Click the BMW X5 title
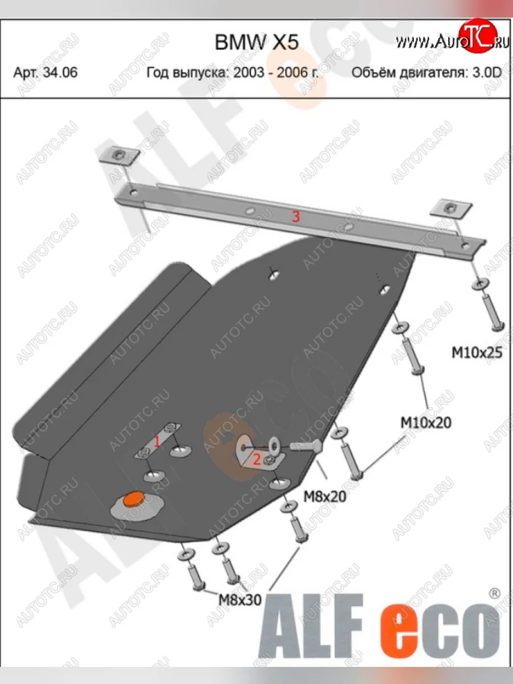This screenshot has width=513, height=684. tap(256, 42)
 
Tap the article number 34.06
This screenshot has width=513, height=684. tap(60, 72)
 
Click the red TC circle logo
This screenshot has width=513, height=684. tap(478, 36)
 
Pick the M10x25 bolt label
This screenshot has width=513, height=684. tap(477, 353)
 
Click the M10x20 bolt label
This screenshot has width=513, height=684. tap(426, 423)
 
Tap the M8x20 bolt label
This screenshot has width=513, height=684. tap(325, 496)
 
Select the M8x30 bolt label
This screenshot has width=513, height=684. tap(240, 600)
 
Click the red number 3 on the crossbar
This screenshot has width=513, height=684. tap(296, 216)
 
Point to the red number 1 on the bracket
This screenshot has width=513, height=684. tap(157, 442)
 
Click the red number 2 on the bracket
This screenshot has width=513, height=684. tap(256, 459)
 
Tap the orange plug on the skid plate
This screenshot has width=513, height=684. tap(133, 499)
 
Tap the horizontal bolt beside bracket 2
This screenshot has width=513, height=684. tap(306, 447)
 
